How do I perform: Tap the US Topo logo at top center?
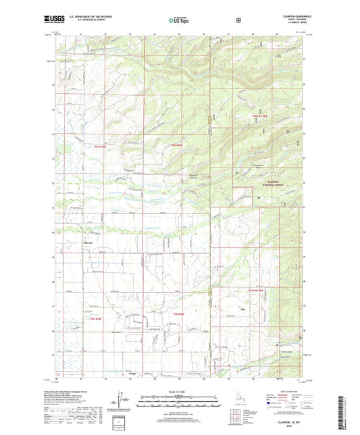click(179, 20)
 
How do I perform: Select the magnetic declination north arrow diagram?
click(123, 401)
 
